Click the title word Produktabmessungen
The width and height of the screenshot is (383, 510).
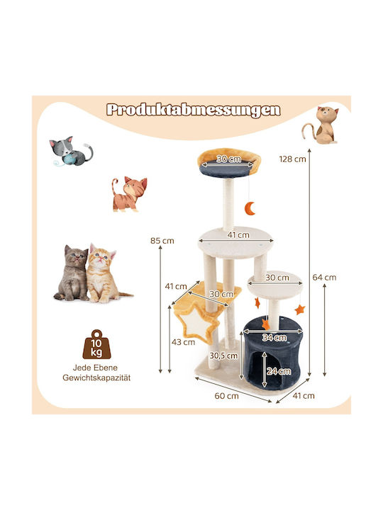click(x=193, y=110)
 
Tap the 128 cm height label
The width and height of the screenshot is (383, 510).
click(x=292, y=159)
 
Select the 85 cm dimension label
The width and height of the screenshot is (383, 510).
click(x=162, y=241)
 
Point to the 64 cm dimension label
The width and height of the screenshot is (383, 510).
click(x=324, y=278)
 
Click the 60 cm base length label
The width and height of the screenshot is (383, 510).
click(x=227, y=396)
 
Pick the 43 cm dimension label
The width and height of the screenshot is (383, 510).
click(x=184, y=342)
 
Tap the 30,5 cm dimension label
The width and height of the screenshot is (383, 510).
click(x=223, y=356)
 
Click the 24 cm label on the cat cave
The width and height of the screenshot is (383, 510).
click(x=279, y=371)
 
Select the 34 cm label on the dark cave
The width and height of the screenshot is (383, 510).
click(x=274, y=338)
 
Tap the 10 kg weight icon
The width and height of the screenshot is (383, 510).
click(x=96, y=344)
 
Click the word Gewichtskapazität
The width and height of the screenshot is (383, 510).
click(x=96, y=378)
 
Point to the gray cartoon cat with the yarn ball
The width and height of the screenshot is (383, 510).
click(x=72, y=151)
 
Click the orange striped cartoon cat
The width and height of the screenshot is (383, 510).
click(x=129, y=194)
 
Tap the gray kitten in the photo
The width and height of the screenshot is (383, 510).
click(x=72, y=273)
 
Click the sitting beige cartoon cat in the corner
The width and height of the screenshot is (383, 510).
click(x=321, y=125)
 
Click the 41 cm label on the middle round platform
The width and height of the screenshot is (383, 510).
click(x=238, y=235)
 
